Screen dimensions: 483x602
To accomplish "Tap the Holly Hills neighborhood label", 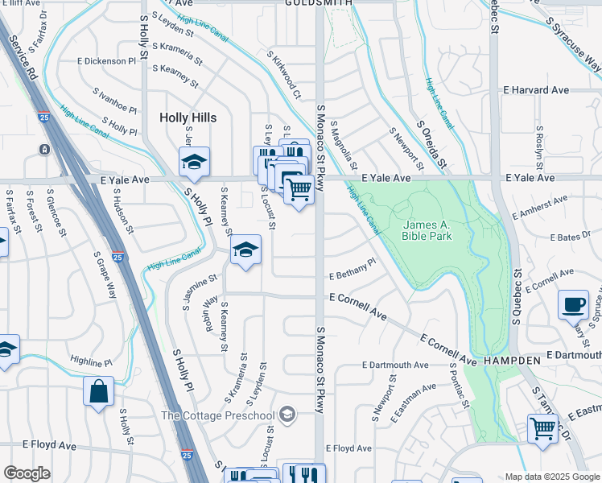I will coord(188,118).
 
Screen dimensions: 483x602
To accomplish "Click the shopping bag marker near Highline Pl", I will coord(99,393).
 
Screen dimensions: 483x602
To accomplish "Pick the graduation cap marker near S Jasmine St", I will coord(246,250).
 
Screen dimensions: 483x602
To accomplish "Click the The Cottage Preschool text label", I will coord(218,415).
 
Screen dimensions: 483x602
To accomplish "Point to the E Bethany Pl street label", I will coord(353,270).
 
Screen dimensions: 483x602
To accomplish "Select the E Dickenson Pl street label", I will coord(107,60).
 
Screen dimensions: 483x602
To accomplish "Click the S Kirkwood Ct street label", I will coord(284,75).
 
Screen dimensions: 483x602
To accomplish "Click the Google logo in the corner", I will coord(27,473).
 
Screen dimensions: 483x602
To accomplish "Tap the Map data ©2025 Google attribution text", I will coord(551,477).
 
